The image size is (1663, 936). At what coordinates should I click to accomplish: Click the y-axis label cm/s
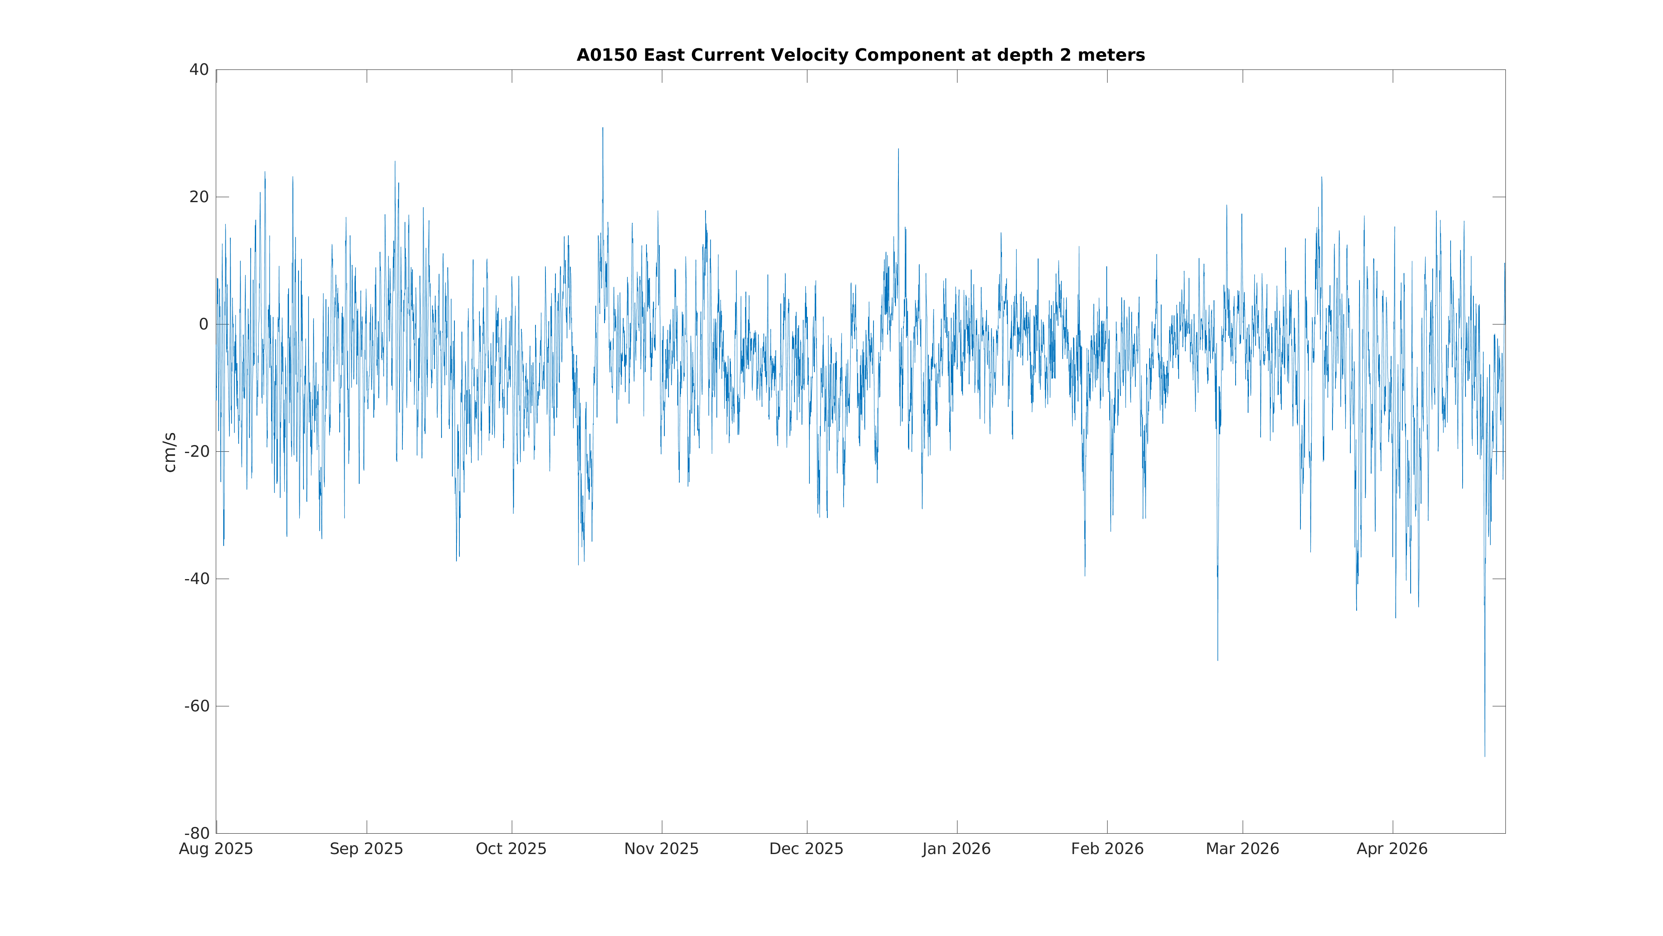170,452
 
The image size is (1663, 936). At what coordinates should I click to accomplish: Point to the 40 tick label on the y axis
199,70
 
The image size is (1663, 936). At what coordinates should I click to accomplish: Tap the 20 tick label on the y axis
199,197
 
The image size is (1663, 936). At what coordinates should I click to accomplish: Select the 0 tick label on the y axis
203,324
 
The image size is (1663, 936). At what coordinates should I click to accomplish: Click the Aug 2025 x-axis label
216,849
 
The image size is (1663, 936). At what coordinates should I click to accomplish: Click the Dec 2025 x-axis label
806,849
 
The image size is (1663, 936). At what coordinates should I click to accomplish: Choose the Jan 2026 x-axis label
956,849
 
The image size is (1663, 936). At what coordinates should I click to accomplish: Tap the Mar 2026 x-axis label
1242,849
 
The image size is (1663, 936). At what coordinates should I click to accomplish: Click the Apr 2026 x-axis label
1392,849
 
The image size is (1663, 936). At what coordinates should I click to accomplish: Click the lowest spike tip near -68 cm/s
1484,756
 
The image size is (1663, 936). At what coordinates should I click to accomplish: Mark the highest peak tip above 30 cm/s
603,128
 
